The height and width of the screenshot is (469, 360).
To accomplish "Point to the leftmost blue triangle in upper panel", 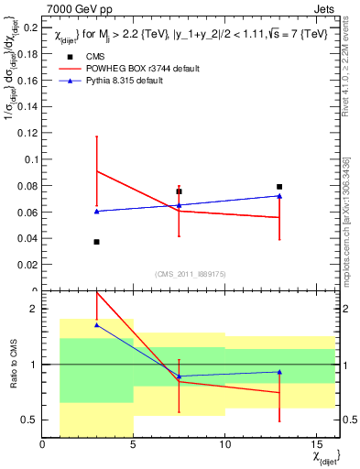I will coord(97,212).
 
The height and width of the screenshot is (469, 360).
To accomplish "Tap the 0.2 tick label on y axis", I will coord(29,27).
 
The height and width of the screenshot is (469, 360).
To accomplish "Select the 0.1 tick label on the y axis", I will coord(29,159).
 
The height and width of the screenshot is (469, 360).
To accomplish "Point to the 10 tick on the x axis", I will coord(224,445).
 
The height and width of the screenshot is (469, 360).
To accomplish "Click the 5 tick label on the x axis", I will coord(134,445).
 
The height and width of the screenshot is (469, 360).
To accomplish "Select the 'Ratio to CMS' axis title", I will coord(13,365).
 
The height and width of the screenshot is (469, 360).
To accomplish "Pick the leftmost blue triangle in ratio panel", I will coord(97,325).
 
